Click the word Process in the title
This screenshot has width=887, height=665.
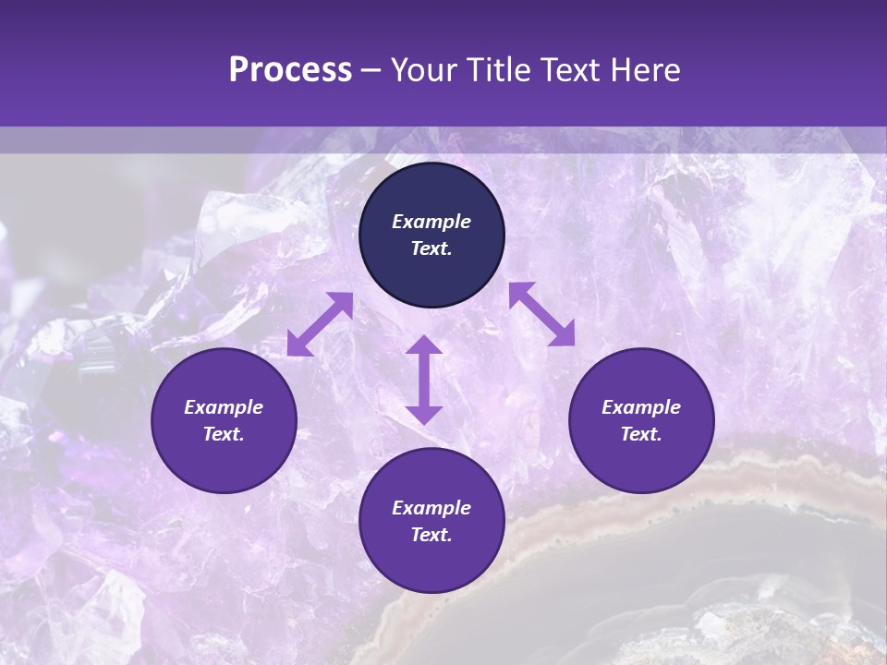(290, 70)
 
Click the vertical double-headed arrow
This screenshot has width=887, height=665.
(424, 380)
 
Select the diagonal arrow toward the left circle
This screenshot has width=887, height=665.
(320, 324)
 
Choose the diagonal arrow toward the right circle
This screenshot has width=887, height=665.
(542, 314)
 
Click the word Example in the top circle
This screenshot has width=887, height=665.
(431, 222)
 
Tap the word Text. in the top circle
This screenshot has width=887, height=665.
(431, 248)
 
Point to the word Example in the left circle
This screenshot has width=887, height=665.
(224, 407)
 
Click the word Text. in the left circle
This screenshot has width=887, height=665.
(224, 434)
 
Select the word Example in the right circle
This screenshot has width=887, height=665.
(641, 407)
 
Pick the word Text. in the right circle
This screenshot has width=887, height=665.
(641, 434)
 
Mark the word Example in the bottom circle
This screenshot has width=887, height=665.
(431, 508)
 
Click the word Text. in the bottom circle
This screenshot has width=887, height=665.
(431, 535)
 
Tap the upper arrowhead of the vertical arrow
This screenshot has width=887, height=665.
(424, 345)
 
